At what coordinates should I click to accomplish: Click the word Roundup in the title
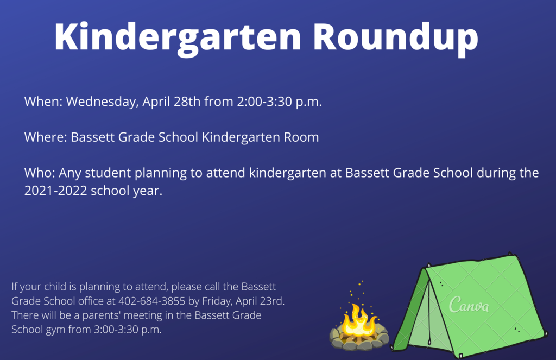coord(395,37)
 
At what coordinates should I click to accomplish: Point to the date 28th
coord(187,102)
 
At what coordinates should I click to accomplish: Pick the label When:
coord(43,102)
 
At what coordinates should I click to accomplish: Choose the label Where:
coord(46,137)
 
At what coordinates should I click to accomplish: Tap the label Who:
coord(39,173)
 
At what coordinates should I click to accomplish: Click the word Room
coord(301,137)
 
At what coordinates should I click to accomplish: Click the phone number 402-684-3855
coord(152,301)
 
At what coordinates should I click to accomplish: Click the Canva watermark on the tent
coord(469,305)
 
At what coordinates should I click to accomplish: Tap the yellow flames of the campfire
coord(358,320)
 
